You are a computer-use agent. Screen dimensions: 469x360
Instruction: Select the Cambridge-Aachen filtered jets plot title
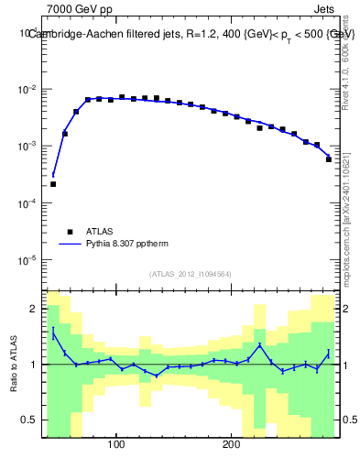tap(191, 34)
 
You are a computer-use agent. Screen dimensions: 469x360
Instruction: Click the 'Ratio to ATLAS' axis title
tap(14, 364)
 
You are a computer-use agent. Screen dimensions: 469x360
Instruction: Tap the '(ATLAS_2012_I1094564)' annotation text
tap(191, 274)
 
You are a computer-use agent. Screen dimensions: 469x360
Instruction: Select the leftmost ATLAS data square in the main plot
tap(53, 184)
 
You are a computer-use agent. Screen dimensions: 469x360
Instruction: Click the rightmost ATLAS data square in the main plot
tap(328, 159)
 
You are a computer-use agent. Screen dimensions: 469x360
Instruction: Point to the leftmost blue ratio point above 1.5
tap(53, 333)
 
